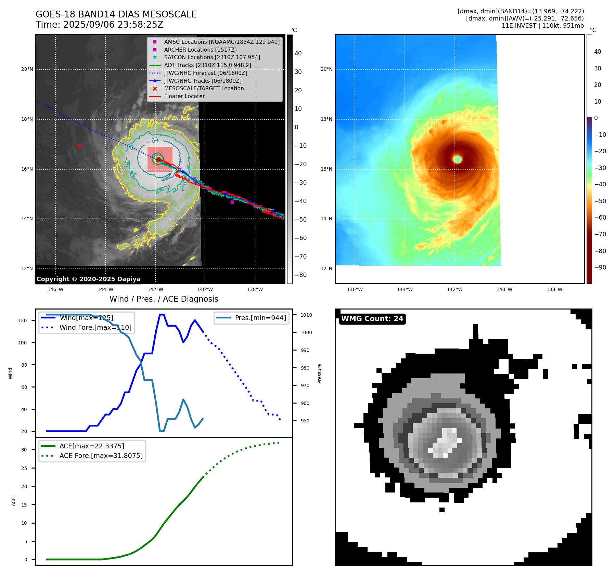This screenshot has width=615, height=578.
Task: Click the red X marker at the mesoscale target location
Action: point(79,146)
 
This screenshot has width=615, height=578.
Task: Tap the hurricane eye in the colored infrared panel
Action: point(458,159)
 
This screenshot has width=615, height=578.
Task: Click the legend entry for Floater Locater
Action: point(184,96)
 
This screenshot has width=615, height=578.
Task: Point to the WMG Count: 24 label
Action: point(372,319)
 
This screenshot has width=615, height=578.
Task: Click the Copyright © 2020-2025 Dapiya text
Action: point(88,279)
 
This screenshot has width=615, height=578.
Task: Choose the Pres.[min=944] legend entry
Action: point(260,318)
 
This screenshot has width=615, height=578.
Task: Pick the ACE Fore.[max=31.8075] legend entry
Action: point(101,456)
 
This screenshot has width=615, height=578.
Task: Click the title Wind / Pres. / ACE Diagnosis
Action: point(164,299)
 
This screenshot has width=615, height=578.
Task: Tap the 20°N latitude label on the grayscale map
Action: point(27,69)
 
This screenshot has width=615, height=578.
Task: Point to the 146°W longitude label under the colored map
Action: point(355,289)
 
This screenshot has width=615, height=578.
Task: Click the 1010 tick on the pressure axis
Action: point(306,315)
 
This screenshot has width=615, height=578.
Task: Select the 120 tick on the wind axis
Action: point(23,320)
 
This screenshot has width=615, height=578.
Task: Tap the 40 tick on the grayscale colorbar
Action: point(298,53)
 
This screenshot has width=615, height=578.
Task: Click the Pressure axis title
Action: point(319,373)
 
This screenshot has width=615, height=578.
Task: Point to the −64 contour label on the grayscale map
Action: point(154,140)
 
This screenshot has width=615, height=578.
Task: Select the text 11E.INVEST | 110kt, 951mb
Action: point(542,26)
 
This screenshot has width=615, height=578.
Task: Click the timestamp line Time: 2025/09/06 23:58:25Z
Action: point(100,25)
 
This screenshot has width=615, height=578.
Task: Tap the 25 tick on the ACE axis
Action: point(24,468)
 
